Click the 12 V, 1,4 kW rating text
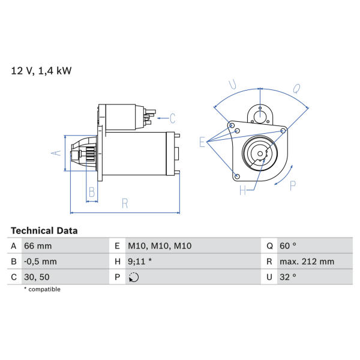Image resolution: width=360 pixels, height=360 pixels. [41, 71]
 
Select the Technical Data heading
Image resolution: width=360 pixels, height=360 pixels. [44, 231]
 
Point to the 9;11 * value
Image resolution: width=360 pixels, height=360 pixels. [140, 262]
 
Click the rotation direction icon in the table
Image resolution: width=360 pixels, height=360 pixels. [134, 277]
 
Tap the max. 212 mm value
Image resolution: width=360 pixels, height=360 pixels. [307, 262]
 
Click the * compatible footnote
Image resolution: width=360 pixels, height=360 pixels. [42, 289]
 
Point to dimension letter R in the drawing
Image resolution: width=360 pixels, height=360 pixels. [125, 203]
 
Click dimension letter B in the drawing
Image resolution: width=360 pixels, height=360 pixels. [92, 192]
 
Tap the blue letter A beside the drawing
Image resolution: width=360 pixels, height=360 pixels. [56, 152]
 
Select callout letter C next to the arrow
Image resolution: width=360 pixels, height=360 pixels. [173, 118]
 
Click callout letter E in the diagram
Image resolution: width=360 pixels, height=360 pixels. [202, 142]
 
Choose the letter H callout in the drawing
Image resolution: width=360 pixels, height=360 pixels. [242, 190]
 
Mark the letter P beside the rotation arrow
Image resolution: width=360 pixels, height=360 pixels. [293, 185]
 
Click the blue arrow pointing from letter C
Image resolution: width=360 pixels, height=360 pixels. [163, 118]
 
